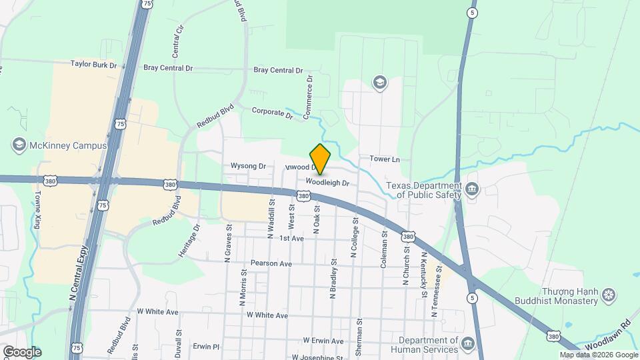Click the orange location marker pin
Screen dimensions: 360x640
[320, 159]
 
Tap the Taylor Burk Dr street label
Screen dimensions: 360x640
[93, 65]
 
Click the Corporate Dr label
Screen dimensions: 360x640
[272, 113]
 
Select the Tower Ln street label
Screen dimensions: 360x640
[385, 159]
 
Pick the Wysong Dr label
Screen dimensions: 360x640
[248, 166]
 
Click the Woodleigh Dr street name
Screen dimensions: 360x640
[328, 181]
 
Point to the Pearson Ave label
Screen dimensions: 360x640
[271, 264]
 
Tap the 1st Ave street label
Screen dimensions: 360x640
[291, 238]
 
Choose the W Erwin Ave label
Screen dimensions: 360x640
[323, 341]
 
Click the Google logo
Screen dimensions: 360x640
[21, 352]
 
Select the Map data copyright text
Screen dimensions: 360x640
[597, 355]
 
